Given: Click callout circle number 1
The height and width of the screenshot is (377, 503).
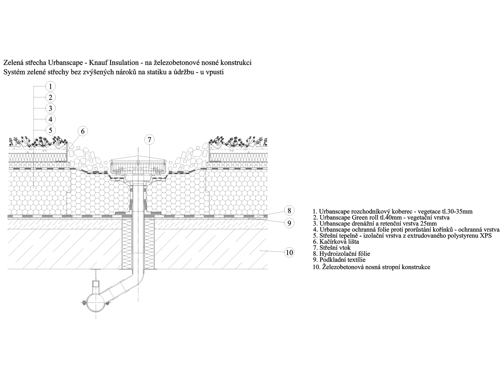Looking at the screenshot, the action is (x=51, y=86).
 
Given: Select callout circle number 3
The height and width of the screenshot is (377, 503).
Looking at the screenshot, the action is (x=51, y=108).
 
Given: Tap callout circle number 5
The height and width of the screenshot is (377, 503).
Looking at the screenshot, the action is (x=51, y=130).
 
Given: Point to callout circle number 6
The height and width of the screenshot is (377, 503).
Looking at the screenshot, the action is (x=83, y=131).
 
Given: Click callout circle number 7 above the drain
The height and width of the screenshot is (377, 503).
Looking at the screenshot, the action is (x=149, y=139).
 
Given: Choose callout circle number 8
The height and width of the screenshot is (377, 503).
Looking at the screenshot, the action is (x=289, y=210).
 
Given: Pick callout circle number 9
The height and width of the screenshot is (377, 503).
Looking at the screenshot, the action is (x=289, y=223).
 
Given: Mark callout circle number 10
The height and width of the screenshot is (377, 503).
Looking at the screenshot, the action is (x=290, y=253).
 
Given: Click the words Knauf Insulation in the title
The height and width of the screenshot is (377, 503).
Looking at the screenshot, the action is (x=113, y=63).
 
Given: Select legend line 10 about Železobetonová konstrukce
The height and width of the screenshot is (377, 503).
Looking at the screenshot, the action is (x=372, y=267).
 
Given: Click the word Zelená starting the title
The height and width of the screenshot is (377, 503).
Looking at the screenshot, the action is (x=12, y=63).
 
